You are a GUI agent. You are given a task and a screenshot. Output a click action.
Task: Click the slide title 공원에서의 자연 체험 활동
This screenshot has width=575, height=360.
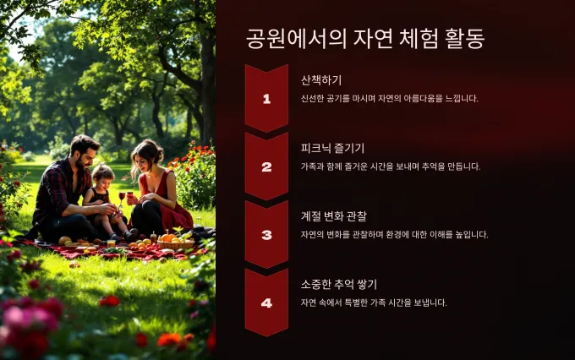365,39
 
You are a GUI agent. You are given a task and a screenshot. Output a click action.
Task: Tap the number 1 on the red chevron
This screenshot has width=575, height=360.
266,99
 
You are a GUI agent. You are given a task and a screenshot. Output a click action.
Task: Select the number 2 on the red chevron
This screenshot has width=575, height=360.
266,166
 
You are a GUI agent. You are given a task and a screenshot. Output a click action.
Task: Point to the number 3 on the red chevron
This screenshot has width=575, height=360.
266,235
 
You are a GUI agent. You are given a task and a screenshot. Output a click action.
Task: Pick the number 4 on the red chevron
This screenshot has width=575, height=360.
266,303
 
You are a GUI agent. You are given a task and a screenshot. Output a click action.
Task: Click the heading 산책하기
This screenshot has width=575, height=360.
321,80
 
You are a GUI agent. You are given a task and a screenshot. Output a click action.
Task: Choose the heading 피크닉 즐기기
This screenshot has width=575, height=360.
332,148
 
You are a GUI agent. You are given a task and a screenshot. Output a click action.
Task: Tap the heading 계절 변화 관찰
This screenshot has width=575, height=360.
334,216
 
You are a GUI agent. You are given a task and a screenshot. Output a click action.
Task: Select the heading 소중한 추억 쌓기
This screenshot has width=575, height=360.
339,284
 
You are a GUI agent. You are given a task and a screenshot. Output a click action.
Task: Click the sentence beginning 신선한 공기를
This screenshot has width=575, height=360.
390,99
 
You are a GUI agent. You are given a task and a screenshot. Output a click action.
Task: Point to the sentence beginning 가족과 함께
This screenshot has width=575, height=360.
391,166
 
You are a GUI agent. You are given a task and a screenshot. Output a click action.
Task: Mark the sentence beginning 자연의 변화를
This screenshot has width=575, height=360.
395,235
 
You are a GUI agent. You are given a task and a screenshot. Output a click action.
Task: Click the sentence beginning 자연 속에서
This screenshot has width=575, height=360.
374,303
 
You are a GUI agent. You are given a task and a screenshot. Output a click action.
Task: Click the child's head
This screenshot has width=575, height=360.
102,177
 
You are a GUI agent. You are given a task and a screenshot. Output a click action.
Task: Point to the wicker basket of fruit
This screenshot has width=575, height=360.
176,243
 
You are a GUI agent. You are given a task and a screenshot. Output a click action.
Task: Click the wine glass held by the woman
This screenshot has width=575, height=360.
130,196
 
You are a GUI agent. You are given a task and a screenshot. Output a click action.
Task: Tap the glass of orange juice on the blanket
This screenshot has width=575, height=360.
111,243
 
